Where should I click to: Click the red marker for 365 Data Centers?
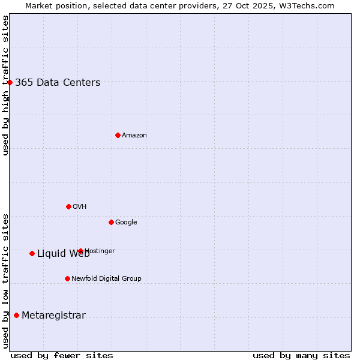10,82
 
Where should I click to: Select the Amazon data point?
118,135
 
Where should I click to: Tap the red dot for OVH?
68,206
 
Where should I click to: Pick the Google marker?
111,222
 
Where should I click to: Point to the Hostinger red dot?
80,251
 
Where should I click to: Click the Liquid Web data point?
32,253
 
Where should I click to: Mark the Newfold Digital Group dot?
67,278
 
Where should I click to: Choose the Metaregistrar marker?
16,315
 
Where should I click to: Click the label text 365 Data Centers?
58,83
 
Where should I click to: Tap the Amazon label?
134,136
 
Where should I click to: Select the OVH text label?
79,207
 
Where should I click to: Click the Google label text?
126,223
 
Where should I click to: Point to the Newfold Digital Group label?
106,279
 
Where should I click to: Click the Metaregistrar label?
53,316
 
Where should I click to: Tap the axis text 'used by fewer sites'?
62,355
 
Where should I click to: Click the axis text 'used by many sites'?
301,355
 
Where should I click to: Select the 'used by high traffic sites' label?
5,85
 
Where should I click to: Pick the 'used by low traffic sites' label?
5,280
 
